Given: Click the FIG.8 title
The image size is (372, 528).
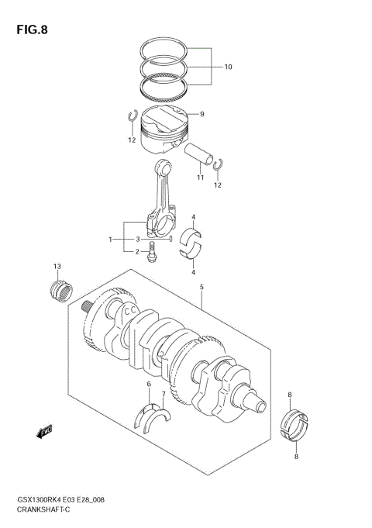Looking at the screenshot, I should [30, 30].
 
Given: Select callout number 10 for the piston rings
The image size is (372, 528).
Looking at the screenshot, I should [229, 67].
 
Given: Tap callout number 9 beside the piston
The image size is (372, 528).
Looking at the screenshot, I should [201, 114].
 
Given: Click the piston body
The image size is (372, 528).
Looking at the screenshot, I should [166, 128].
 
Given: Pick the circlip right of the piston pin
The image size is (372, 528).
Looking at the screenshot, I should [219, 164].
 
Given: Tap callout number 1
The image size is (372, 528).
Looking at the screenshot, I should [112, 239].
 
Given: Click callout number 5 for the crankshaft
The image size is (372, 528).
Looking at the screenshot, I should [201, 288].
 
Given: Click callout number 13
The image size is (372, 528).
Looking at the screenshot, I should [57, 267].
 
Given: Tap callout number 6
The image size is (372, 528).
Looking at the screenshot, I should [147, 384].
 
